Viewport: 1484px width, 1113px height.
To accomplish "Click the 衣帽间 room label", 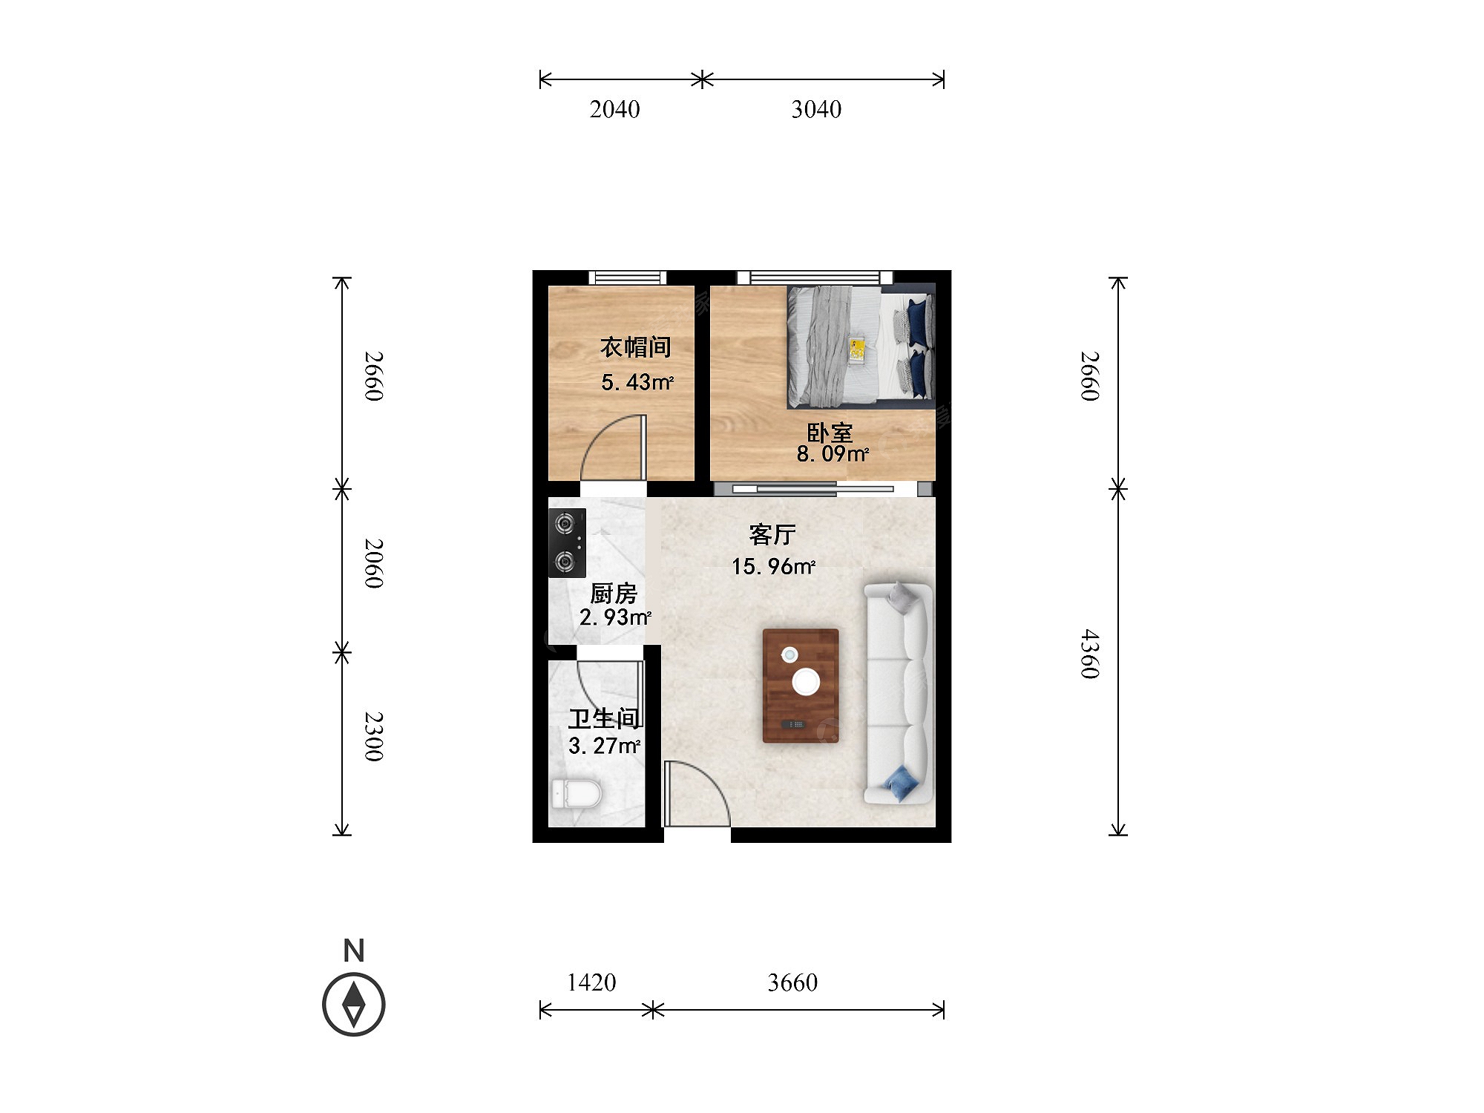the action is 635,347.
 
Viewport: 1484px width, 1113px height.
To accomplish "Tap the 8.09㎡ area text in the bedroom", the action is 833,453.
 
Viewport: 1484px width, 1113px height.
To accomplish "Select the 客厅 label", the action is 772,534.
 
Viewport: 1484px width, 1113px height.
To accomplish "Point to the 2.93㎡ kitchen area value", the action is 615,617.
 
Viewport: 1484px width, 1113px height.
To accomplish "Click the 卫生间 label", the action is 605,718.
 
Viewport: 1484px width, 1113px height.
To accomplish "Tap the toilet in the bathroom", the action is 576,794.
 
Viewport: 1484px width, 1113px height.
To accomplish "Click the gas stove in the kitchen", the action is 567,543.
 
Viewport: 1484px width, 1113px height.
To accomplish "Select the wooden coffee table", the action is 801,686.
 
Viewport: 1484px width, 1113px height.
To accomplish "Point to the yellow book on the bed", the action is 857,350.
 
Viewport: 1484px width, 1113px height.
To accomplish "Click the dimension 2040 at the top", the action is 614,110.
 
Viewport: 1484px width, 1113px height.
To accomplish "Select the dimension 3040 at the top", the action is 816,110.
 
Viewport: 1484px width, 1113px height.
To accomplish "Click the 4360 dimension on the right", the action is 1089,654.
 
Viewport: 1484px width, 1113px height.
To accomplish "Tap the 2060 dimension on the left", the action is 374,564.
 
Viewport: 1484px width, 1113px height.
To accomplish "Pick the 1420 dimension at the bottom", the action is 591,983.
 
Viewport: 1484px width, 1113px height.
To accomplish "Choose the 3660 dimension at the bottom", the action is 792,983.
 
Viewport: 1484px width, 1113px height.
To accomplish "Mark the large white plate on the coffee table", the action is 806,682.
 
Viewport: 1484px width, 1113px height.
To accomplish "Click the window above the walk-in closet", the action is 627,278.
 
